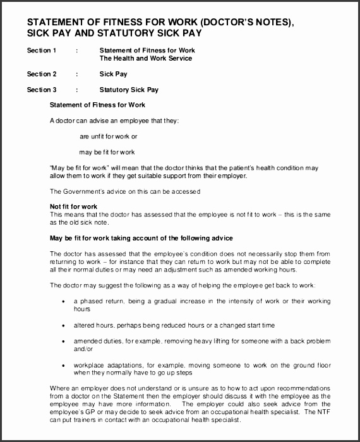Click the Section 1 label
click(41, 50)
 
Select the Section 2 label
click(41, 74)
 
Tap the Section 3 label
click(41, 90)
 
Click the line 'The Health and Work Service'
click(146, 58)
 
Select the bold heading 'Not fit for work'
click(73, 206)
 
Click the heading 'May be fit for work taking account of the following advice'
click(141, 238)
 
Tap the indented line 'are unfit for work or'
click(108, 136)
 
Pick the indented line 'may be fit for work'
click(107, 152)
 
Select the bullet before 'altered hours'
click(63, 325)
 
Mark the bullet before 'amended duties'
click(63, 341)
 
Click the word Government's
click(80, 191)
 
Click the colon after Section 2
click(76, 74)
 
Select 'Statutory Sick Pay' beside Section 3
click(129, 90)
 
